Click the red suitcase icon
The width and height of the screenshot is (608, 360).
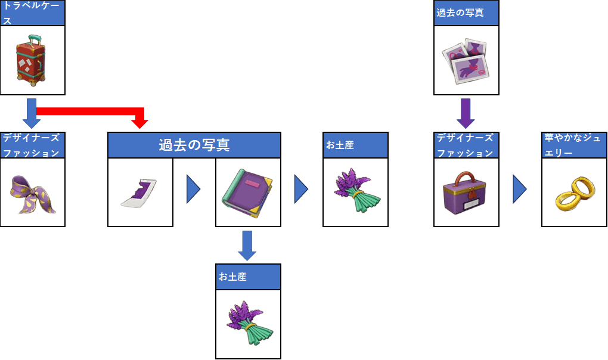coord(32,60)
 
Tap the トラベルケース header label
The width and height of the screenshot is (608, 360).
coord(32,13)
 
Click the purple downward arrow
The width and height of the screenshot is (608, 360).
coord(466,113)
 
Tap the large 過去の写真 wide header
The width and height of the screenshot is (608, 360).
coord(194,145)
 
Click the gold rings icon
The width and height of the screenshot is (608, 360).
coord(573,194)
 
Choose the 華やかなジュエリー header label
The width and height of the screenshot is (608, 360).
coord(574,145)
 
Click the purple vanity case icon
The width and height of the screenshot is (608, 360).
coord(466,194)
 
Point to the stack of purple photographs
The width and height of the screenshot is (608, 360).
coord(466,60)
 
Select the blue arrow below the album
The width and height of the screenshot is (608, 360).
coord(247,244)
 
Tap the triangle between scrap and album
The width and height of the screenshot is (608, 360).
coord(193,190)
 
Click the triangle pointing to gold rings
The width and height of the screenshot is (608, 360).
coord(520,190)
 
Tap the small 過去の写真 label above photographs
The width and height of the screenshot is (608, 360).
coord(466,13)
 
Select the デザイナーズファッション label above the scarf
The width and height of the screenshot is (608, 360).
coord(32,145)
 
